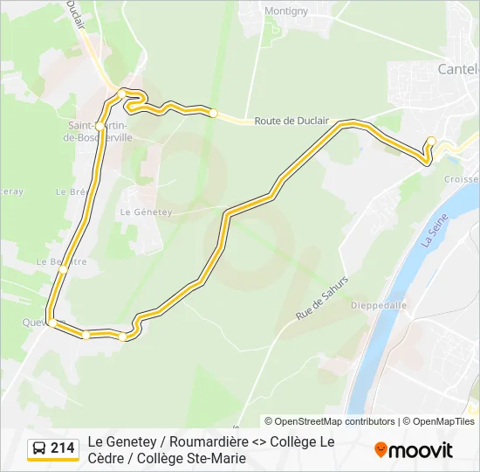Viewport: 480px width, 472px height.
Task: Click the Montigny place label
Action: [x=287, y=11]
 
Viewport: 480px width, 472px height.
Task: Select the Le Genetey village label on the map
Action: [x=147, y=212]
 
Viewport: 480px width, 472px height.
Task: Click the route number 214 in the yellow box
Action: [x=63, y=448]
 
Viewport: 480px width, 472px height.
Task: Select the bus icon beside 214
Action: [x=39, y=449]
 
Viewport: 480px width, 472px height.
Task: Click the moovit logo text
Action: [x=421, y=450]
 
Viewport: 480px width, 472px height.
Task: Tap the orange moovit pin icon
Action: [x=381, y=450]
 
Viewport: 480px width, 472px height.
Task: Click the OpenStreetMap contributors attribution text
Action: [x=335, y=421]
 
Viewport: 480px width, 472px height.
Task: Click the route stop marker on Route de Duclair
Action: [x=213, y=113]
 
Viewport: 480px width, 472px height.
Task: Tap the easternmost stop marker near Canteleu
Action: [x=431, y=141]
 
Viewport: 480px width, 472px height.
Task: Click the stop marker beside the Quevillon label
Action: [x=52, y=323]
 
